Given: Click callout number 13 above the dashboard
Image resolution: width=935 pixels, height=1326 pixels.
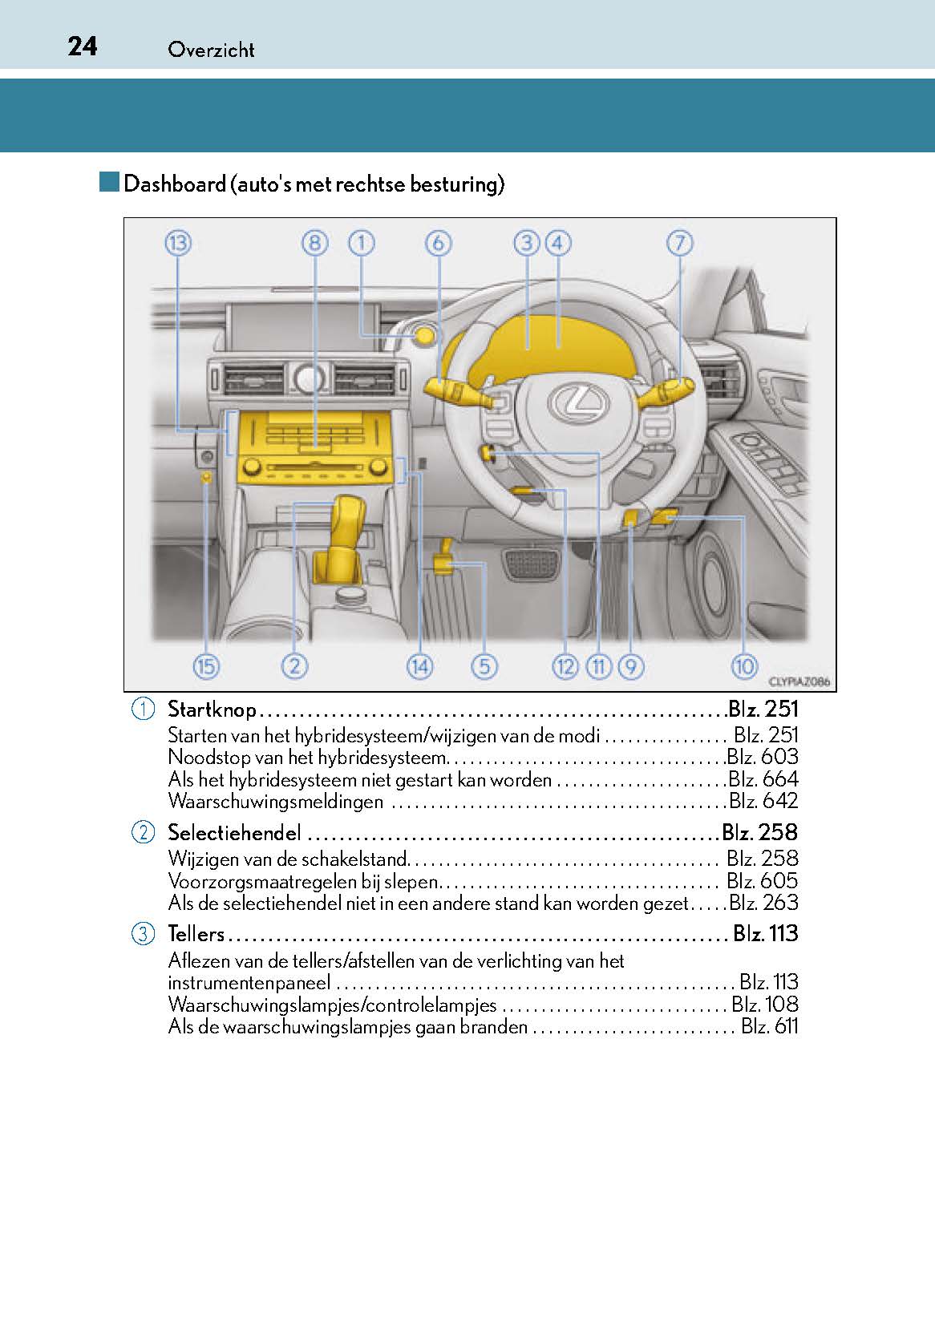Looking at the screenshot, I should tap(178, 244).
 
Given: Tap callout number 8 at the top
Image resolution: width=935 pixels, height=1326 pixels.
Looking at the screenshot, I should tap(315, 244).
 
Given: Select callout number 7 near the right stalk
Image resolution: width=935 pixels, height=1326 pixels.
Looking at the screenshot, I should tap(679, 244).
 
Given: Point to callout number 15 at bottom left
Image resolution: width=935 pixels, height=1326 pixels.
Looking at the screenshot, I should tap(206, 666).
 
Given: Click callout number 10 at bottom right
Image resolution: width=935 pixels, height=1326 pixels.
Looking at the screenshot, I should tap(743, 666).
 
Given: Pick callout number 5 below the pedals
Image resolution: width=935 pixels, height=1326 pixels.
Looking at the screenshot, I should tap(484, 666).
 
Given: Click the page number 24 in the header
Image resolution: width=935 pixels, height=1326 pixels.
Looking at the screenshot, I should tap(83, 47).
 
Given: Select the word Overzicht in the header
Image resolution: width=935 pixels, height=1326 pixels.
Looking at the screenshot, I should tap(211, 50).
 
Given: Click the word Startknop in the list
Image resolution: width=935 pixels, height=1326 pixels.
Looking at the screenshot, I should tap(212, 709).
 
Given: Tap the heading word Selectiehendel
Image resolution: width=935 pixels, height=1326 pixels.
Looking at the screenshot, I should tap(234, 833).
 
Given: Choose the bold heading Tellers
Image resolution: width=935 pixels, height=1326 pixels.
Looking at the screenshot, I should tap(196, 934).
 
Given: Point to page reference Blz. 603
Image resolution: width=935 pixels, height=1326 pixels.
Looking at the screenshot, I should tap(763, 757).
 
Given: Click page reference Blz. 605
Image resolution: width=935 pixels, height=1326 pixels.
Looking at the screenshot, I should tap(763, 881).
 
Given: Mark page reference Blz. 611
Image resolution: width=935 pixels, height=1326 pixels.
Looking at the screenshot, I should tap(769, 1027).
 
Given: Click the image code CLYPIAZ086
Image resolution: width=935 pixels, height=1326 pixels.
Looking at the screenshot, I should tap(799, 682).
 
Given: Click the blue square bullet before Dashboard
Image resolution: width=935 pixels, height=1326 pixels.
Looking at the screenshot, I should tap(109, 182).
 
